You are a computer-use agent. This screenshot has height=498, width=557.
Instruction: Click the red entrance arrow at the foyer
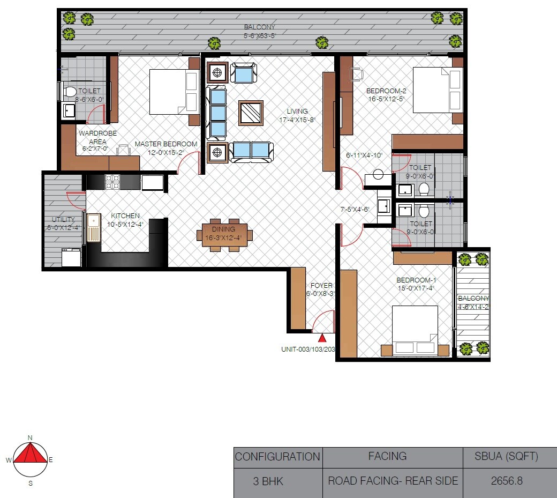(x=322, y=338)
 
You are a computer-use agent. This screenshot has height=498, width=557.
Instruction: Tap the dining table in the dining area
(x=224, y=235)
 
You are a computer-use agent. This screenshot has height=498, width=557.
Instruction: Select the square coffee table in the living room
(x=251, y=113)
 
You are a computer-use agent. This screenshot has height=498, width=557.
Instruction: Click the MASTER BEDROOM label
(x=166, y=144)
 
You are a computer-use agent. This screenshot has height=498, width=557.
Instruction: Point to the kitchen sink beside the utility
(x=94, y=227)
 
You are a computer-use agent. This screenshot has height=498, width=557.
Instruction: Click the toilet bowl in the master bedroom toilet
(x=69, y=92)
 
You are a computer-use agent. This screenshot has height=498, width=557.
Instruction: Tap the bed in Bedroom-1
(x=415, y=330)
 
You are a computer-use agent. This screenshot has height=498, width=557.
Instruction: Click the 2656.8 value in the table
(x=506, y=480)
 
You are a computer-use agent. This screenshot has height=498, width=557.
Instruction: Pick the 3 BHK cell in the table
(x=268, y=481)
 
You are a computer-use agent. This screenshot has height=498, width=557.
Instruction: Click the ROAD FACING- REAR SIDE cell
(x=393, y=480)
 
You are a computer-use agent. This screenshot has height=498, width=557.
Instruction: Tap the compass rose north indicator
(x=30, y=438)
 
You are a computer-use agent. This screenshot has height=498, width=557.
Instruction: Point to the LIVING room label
(x=297, y=112)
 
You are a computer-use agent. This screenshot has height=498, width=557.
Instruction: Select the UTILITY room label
(x=63, y=220)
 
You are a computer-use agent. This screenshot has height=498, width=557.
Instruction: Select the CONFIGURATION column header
(x=277, y=457)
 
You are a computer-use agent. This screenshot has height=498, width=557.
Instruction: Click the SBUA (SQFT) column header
(x=506, y=457)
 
